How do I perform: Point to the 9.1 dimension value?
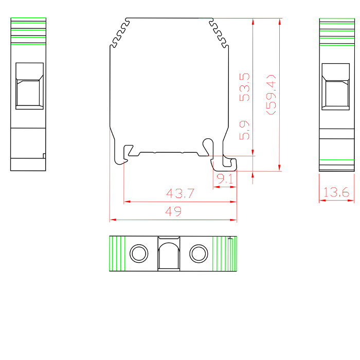coord(225,179)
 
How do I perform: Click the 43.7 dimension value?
coord(180,194)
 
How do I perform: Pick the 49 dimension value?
coord(173,211)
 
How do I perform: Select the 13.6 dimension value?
coord(336,193)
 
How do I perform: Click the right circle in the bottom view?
coord(198,253)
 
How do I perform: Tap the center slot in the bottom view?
coord(168,255)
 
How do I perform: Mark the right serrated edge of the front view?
coord(219,34)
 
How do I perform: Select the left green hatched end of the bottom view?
coord(118,254)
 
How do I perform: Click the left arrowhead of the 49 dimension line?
coord(112,220)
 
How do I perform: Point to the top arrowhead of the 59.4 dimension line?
coord(279,22)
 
